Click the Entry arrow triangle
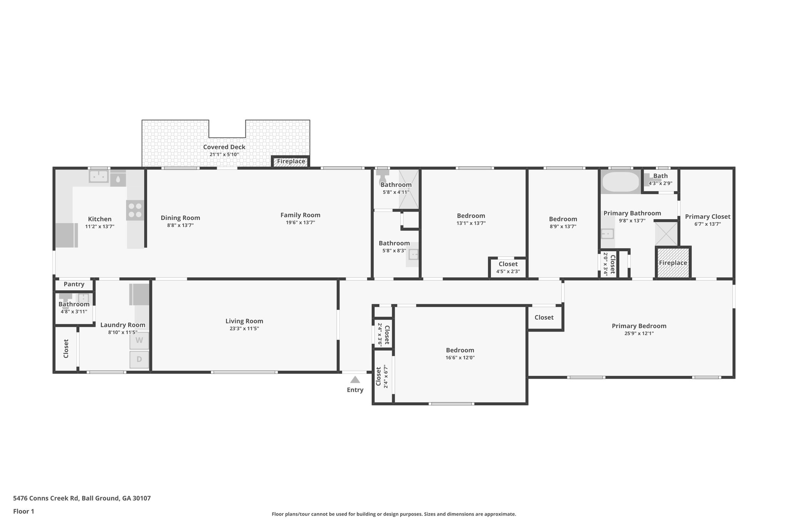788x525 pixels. pyautogui.click(x=355, y=380)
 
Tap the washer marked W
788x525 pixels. pyautogui.click(x=139, y=340)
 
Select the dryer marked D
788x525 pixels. pyautogui.click(x=139, y=360)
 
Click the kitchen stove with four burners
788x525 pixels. pyautogui.click(x=135, y=210)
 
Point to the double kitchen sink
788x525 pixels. pyautogui.click(x=99, y=177)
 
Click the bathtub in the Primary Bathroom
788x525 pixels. pyautogui.click(x=620, y=182)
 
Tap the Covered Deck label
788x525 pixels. pyautogui.click(x=224, y=147)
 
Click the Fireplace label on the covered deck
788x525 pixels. pyautogui.click(x=291, y=162)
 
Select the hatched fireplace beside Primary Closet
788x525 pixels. pyautogui.click(x=673, y=263)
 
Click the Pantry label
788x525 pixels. pyautogui.click(x=74, y=284)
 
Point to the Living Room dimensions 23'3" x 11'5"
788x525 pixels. pyautogui.click(x=244, y=328)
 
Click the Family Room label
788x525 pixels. pyautogui.click(x=300, y=215)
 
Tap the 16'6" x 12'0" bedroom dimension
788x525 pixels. pyautogui.click(x=460, y=358)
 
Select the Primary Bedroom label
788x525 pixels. pyautogui.click(x=639, y=326)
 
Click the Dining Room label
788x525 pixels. pyautogui.click(x=180, y=218)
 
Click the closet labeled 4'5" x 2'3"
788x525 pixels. pyautogui.click(x=508, y=267)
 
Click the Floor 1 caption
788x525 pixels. pyautogui.click(x=23, y=511)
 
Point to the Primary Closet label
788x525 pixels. pyautogui.click(x=707, y=217)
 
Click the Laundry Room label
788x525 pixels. pyautogui.click(x=122, y=325)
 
